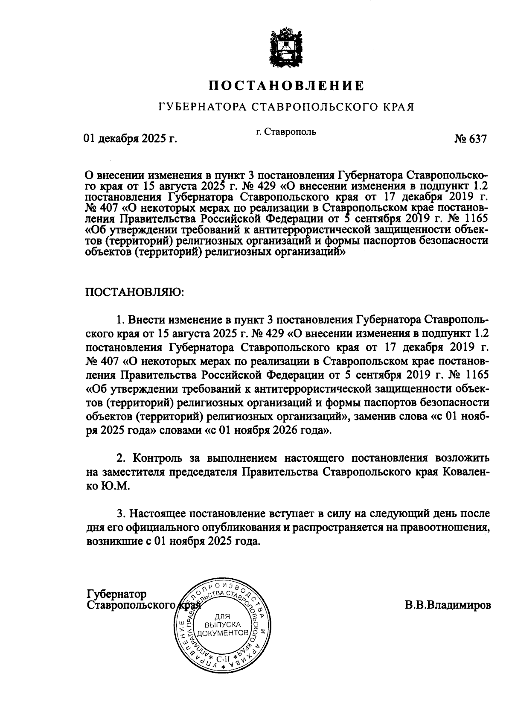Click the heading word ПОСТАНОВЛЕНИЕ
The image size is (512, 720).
point(286,86)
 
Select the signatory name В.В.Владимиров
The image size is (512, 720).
point(448,605)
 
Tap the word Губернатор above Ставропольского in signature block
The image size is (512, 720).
point(116,594)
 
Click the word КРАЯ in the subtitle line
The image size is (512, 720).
point(398,106)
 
